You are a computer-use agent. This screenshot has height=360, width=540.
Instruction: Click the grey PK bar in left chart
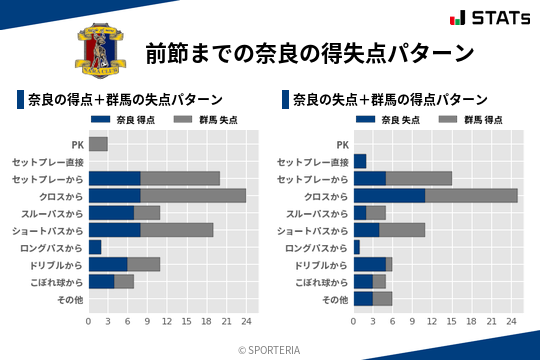point(98,144)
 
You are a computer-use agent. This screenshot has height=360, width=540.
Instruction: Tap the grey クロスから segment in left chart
point(193,195)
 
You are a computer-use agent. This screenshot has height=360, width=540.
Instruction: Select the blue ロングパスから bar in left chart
point(95,247)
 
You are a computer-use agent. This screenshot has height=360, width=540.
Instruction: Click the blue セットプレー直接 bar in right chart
point(360,161)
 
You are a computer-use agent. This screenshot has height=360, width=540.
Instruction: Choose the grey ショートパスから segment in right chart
point(403,230)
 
